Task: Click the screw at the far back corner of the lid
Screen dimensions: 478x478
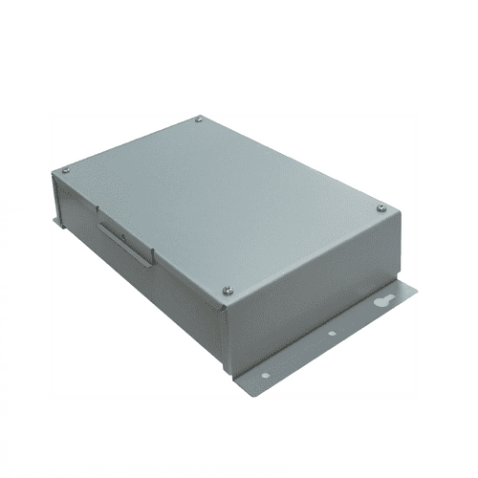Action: click(x=199, y=119)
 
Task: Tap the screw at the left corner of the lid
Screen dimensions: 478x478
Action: click(x=65, y=171)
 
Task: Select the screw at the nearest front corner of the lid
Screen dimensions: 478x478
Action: click(x=227, y=289)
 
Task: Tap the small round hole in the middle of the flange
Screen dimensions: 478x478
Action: click(x=331, y=334)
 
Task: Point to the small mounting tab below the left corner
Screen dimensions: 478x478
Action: click(x=57, y=223)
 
